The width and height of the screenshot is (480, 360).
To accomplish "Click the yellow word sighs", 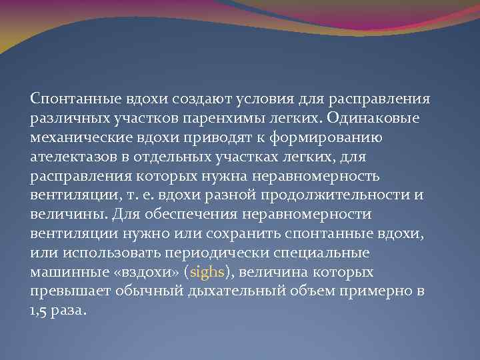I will [x=226, y=273].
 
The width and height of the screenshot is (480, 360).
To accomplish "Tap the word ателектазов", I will [x=69, y=157].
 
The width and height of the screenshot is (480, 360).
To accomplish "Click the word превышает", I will [x=65, y=292].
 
